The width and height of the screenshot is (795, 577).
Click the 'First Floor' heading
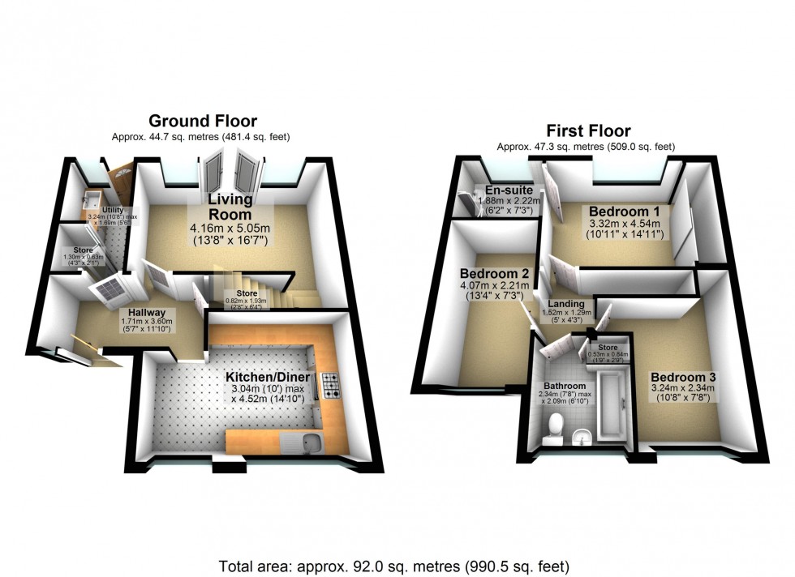coord(588,131)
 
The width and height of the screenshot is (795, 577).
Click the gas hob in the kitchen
coord(332,386)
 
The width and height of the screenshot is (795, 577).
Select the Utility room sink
coord(91,200)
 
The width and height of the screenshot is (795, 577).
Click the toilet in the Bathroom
coord(556,424)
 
